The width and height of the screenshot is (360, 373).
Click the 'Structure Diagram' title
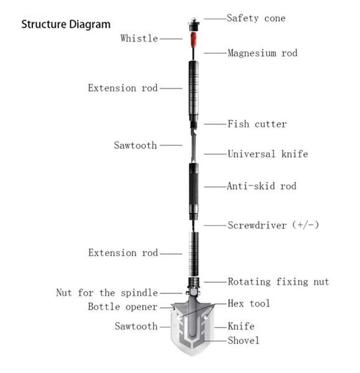pos(66,25)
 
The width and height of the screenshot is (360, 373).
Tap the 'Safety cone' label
pos(256,18)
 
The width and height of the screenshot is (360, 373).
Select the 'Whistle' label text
pos(139,39)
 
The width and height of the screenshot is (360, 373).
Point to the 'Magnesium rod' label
pos(262,53)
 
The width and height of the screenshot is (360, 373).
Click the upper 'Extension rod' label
pos(122,88)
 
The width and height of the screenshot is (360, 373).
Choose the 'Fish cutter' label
pos(257,124)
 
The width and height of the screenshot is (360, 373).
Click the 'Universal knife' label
pos(267,154)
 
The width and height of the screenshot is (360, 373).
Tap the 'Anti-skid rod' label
pos(261,186)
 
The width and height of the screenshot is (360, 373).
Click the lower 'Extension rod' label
pos(122,253)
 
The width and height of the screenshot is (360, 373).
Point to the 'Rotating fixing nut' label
pos(278,282)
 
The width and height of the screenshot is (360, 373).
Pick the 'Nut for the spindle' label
pos(107,292)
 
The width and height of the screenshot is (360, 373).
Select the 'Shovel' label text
pos(244,340)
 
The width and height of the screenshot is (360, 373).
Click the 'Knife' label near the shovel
pos(241,326)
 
